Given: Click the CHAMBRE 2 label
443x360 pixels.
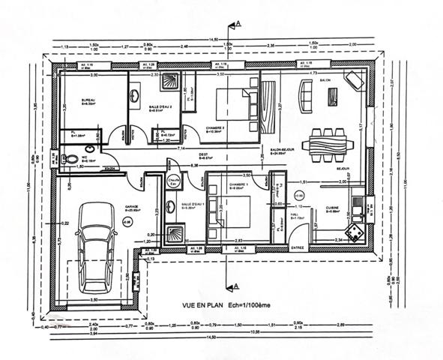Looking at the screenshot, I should pos(214,127).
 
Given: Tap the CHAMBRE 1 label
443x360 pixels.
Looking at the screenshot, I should pos(240,184).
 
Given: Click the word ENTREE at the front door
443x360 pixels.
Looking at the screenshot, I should pos(298,247).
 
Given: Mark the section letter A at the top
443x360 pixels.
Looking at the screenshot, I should pos(238,25).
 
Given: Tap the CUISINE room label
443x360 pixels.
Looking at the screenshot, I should pos(332,208).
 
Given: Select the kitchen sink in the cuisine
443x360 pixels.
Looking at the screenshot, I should pos(358,201).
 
